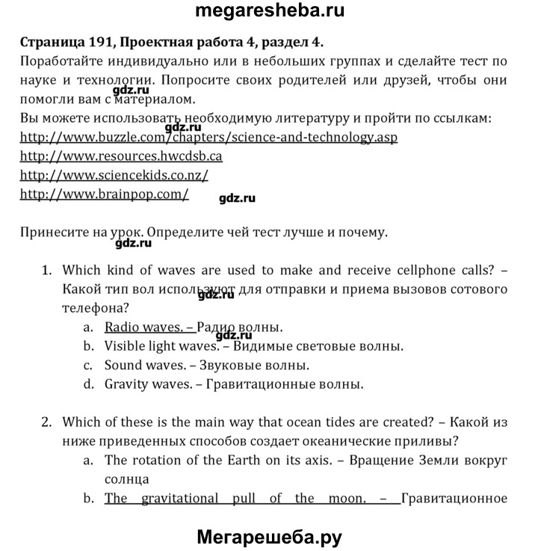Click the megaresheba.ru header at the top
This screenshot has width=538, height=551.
pos(269,12)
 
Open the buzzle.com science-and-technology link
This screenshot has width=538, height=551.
pos(198,138)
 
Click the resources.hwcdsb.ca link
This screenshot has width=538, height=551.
pos(121,156)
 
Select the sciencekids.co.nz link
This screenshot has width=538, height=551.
pos(114,175)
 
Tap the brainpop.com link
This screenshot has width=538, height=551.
pos(104,194)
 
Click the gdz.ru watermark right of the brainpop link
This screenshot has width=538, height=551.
pos(238,198)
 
